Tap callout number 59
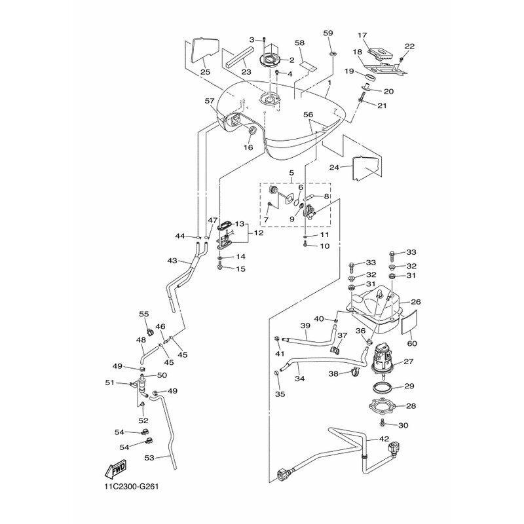[x=328, y=33]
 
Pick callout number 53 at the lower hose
[x=149, y=457]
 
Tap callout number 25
[x=205, y=71]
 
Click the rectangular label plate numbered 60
[x=410, y=322]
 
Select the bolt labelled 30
[x=382, y=425]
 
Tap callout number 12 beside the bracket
[x=259, y=233]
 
